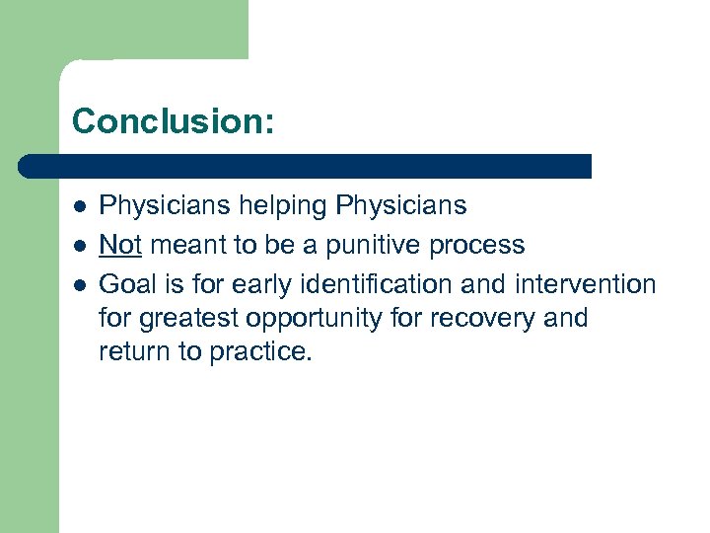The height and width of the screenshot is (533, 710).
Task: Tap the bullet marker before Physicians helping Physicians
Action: (x=78, y=206)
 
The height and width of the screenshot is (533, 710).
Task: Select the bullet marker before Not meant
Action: (x=78, y=245)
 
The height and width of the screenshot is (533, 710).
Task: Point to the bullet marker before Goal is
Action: (x=78, y=284)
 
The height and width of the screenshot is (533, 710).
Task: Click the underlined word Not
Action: (x=121, y=244)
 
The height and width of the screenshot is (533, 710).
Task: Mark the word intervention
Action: (x=585, y=284)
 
